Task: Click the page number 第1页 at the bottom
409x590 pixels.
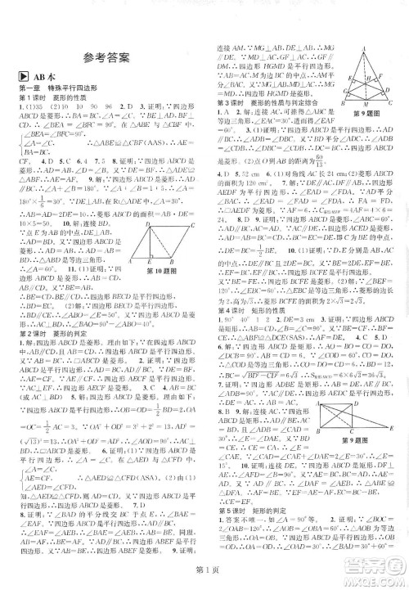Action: tap(204, 577)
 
